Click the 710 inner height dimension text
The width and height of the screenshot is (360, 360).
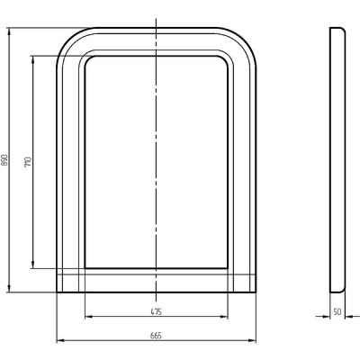(x=28, y=162)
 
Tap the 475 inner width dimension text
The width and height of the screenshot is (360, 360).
(x=156, y=312)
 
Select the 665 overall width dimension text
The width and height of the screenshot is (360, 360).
(x=156, y=336)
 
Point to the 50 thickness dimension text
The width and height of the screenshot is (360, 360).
(x=337, y=312)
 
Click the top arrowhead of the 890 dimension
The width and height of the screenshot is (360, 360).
(x=9, y=31)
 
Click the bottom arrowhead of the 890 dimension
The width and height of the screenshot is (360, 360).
(x=9, y=289)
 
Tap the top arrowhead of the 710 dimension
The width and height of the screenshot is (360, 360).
(x=33, y=59)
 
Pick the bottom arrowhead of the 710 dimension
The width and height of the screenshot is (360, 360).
(x=33, y=265)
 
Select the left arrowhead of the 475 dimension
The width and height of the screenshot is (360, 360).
(x=89, y=316)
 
